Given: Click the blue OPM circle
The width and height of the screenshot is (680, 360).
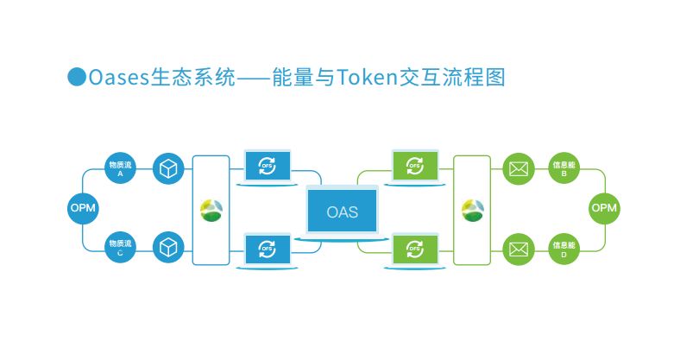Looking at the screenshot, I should coord(83,209).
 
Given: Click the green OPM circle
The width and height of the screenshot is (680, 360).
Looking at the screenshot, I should coord(604,209).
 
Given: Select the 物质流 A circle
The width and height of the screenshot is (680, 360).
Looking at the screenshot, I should coord(120,168).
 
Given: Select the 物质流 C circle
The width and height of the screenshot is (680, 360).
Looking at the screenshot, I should coord(120,249).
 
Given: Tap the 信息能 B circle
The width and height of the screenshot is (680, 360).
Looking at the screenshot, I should coord(564,168).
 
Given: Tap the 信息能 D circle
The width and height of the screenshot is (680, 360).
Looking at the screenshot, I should coord(564,249).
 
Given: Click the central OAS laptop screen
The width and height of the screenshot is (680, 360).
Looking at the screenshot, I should coord(343,212).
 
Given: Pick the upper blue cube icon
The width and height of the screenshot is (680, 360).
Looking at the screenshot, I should coord(168,168).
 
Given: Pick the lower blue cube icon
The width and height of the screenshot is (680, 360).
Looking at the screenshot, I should coord(168,249).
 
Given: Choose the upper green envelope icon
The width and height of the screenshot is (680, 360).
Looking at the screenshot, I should coord(518,168).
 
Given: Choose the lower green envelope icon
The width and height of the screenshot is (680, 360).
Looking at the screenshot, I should coord(518,249).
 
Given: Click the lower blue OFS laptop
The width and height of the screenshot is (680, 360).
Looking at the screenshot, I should coord(268,249).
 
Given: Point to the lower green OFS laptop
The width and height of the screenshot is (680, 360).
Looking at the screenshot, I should coord(416,249).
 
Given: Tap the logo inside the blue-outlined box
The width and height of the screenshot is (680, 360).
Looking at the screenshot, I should coord(211,210).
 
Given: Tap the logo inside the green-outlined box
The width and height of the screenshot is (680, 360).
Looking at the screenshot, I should coord(473,210).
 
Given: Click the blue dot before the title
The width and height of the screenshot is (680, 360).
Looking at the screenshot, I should coord(77,77).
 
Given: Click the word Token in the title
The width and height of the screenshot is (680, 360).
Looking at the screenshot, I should coord(364,78).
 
